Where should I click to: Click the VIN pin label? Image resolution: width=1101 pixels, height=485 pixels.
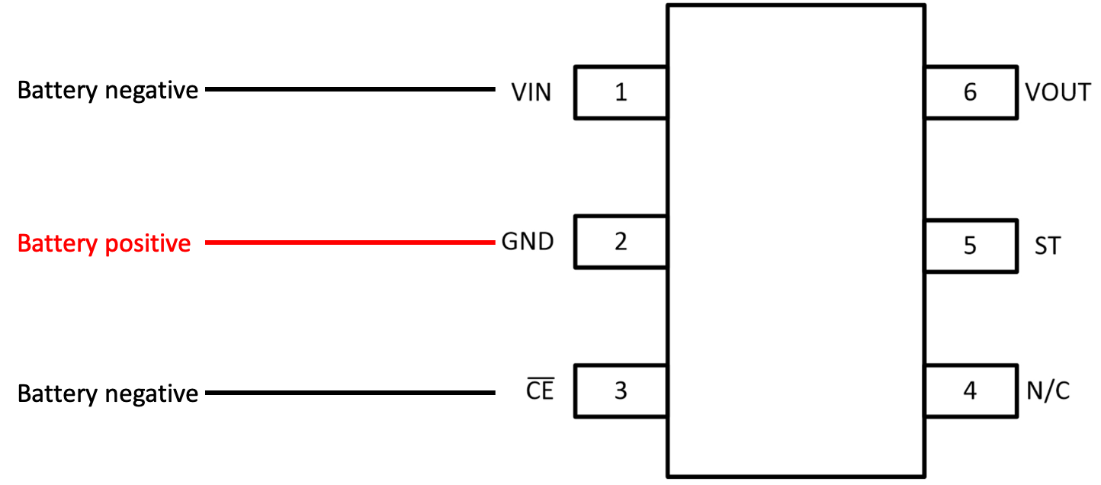(x=531, y=92)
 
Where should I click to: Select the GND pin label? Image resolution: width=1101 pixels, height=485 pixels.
(x=528, y=242)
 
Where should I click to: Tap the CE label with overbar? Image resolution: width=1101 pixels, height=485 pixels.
(x=540, y=390)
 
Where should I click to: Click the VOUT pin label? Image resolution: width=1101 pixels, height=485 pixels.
(x=1058, y=92)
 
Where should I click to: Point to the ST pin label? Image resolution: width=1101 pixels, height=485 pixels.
(x=1048, y=246)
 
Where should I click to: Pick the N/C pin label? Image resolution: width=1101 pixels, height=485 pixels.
(x=1048, y=391)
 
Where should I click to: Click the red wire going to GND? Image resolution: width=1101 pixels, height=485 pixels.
(x=350, y=242)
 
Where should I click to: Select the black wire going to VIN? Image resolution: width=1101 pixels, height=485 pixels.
(x=350, y=89)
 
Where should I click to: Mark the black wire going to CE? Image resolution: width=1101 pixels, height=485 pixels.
(x=350, y=393)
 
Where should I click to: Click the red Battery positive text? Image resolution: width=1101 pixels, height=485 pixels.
(x=104, y=244)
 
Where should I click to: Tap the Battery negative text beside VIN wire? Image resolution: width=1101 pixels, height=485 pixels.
(x=108, y=91)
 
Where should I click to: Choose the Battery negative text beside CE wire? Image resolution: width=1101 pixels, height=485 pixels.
(x=108, y=394)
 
